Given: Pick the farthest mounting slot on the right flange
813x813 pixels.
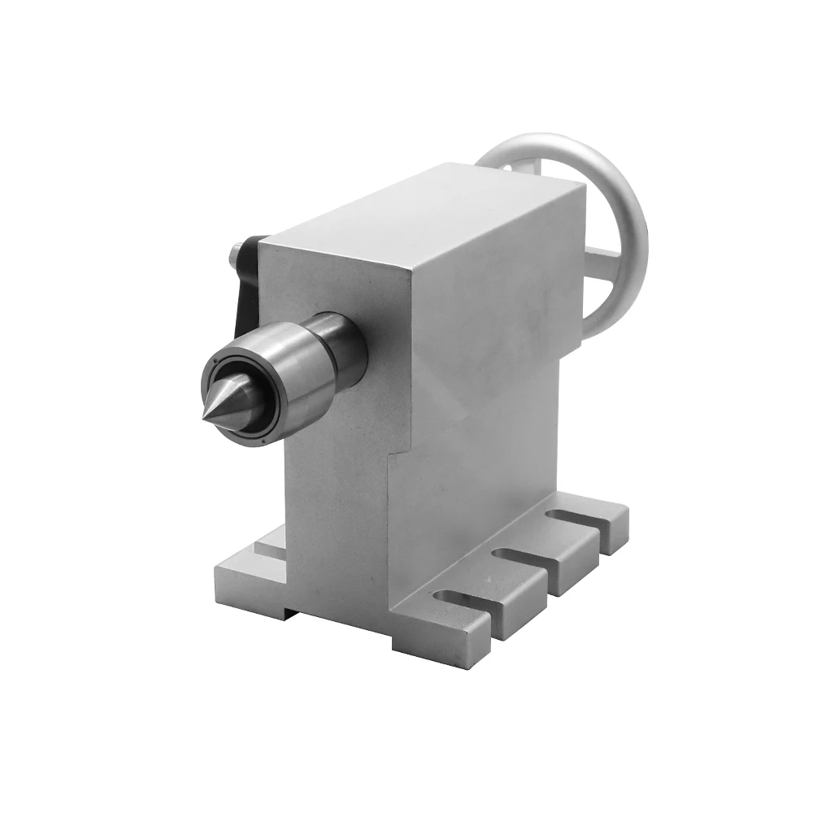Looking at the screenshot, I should (574, 518).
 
